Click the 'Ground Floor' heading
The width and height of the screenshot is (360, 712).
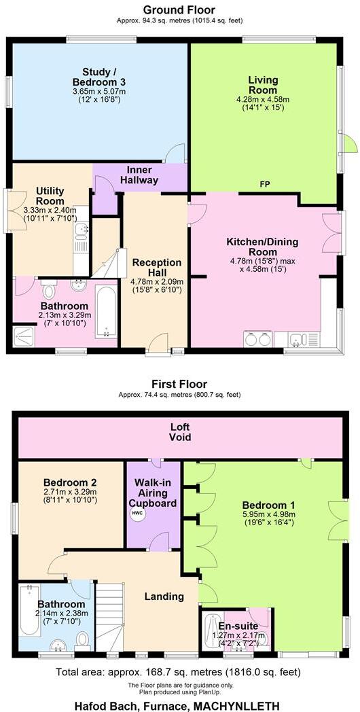[179, 10]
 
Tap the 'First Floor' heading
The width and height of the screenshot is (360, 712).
[179, 384]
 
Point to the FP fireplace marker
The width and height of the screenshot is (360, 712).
[265, 185]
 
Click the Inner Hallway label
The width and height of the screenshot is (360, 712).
[139, 175]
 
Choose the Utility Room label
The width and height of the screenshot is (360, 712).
[50, 198]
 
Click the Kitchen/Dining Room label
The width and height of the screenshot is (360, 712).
[262, 242]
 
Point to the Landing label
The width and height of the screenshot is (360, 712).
[164, 597]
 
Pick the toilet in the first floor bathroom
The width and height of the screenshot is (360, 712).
[82, 639]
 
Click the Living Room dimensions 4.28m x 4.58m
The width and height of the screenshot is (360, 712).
[262, 99]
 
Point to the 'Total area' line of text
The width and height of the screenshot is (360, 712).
[179, 673]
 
